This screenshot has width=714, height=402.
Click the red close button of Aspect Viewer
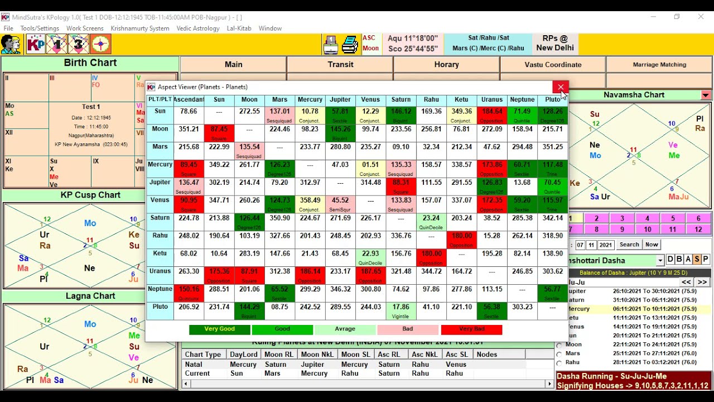(560, 87)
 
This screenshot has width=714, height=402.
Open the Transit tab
(340, 64)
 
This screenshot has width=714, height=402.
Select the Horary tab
(446, 64)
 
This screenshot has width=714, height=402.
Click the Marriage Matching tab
(659, 64)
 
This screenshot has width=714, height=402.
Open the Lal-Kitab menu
(239, 28)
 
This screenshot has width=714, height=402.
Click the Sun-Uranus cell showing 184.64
(491, 114)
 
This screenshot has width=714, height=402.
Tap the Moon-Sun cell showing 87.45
(219, 132)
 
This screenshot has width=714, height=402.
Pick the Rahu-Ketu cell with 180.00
(461, 238)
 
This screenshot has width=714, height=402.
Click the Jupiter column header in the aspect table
(340, 99)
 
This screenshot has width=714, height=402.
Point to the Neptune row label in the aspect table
(160, 289)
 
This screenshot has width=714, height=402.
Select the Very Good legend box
(219, 329)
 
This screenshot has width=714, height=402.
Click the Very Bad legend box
(471, 329)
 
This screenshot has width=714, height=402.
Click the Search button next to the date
(629, 245)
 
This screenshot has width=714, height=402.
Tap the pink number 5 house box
(673, 218)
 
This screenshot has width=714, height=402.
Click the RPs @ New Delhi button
(555, 44)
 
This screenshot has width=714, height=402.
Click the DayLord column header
(244, 355)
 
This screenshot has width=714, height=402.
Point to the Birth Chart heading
(90, 63)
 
